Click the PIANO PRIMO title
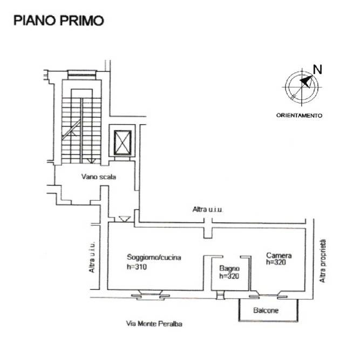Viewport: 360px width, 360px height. [59, 20]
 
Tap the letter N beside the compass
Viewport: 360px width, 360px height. [317, 69]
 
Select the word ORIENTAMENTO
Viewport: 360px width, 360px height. [299, 116]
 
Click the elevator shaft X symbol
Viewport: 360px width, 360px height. [123, 142]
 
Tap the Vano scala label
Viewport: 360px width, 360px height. [98, 177]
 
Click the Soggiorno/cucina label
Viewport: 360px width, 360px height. [154, 257]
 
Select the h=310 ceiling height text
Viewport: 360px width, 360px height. [137, 267]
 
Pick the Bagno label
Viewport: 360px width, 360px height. [229, 268]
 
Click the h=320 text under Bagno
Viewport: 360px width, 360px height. [229, 276]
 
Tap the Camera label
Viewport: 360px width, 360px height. [279, 255]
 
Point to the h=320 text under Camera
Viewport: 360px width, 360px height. [276, 262]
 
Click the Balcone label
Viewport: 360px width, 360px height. [266, 310]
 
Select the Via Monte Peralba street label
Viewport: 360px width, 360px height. [154, 324]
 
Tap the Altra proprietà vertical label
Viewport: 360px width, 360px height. [323, 261]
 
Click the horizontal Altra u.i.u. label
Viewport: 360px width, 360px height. [207, 209]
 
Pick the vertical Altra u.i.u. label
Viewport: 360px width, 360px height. [92, 257]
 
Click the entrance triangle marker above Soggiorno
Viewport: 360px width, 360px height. [125, 219]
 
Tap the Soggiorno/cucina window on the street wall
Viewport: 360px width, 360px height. [151, 295]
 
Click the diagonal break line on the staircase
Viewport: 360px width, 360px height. [71, 130]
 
